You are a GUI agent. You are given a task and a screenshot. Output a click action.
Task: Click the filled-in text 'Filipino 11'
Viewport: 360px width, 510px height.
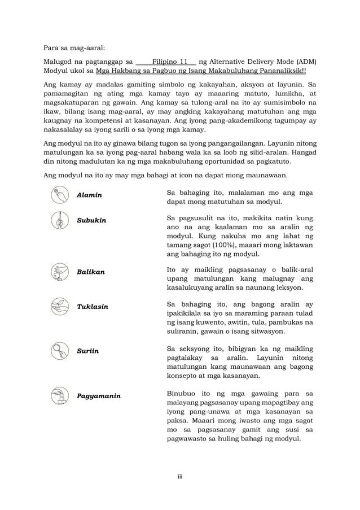tap(170, 62)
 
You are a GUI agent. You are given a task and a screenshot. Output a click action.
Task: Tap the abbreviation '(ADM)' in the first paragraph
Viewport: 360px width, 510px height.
tap(305, 62)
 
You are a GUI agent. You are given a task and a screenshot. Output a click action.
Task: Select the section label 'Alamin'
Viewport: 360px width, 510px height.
tap(89, 195)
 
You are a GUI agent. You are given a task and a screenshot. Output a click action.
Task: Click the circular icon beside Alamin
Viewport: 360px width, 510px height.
tap(59, 195)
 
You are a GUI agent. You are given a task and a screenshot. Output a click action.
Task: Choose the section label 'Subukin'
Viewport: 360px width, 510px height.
tap(91, 220)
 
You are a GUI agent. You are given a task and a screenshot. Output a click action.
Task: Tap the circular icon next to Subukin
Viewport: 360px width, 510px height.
tap(59, 220)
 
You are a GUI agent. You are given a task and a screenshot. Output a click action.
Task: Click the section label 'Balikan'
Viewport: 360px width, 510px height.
tap(91, 272)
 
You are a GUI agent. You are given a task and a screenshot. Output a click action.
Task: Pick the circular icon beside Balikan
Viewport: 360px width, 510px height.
tap(59, 272)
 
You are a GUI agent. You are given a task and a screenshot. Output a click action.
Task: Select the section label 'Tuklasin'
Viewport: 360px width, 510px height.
tap(93, 307)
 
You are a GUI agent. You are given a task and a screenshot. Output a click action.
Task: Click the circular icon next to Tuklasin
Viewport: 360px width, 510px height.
tap(59, 307)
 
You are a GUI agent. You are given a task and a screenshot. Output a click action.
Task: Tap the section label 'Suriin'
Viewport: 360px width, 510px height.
tap(87, 351)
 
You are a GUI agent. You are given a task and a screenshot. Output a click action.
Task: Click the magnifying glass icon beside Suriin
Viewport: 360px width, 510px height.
tap(59, 351)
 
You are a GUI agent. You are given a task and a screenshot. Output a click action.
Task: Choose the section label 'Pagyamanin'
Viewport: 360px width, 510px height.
tap(99, 396)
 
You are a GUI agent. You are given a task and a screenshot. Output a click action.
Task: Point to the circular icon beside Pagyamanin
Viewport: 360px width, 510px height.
tap(59, 396)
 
